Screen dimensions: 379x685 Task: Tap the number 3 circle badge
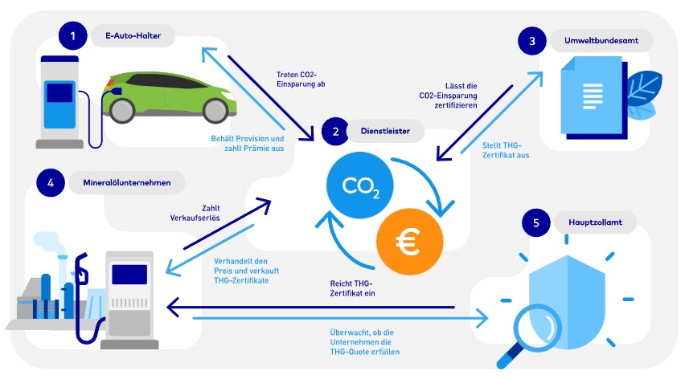(531, 41)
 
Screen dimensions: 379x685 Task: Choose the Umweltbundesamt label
(601, 41)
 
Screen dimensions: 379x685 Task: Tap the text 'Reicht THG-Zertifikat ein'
(352, 288)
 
